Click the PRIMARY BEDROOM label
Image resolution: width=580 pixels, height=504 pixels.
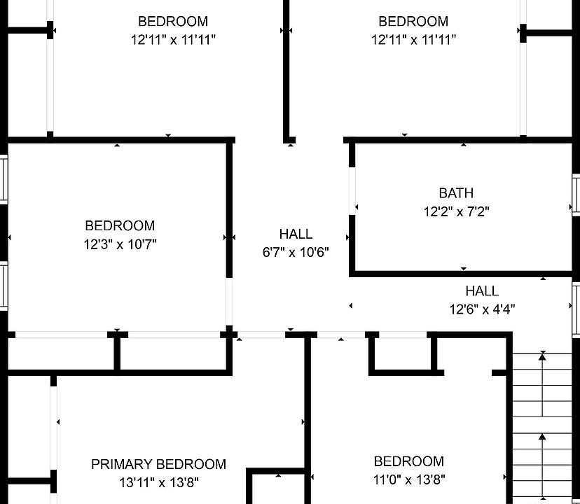[x=158, y=464]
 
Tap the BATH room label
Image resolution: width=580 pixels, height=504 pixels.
[x=456, y=193]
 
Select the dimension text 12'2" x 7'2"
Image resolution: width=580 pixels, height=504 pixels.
[x=456, y=211]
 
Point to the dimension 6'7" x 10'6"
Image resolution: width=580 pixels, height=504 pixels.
[x=296, y=252]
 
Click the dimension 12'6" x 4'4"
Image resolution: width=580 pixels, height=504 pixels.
[x=483, y=309]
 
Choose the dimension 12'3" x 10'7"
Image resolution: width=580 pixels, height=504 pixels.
[x=120, y=244]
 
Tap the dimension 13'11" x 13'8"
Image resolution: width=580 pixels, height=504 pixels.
[x=158, y=482]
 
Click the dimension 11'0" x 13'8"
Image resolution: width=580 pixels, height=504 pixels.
[x=409, y=479]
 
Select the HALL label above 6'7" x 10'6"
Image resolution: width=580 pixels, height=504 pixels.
[x=296, y=234]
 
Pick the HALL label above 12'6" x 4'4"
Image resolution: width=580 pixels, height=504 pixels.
[x=483, y=291]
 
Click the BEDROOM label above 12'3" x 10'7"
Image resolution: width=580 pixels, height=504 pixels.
[x=120, y=226]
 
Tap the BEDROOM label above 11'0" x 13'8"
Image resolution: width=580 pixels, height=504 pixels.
[x=409, y=461]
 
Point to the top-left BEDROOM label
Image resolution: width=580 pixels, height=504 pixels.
[x=173, y=22]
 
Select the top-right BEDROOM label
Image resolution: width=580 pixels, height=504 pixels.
[x=413, y=22]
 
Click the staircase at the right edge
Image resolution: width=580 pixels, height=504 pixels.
[x=543, y=427]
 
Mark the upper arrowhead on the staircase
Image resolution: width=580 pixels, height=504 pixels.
[x=542, y=356]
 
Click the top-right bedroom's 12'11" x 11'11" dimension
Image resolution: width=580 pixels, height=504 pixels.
[x=413, y=40]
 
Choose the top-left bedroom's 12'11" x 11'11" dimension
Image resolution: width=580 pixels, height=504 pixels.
[x=173, y=40]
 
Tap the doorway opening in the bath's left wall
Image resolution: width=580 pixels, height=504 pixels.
[x=352, y=191]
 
